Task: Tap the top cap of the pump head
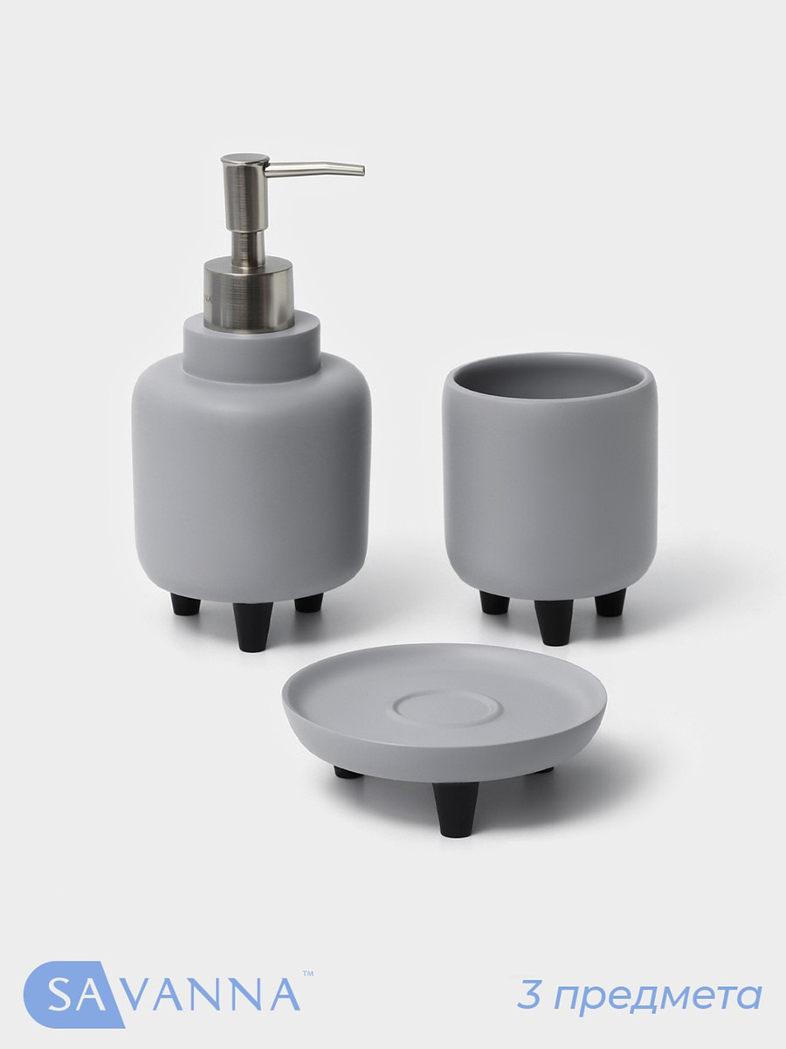(244, 161)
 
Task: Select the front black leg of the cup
(554, 622)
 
